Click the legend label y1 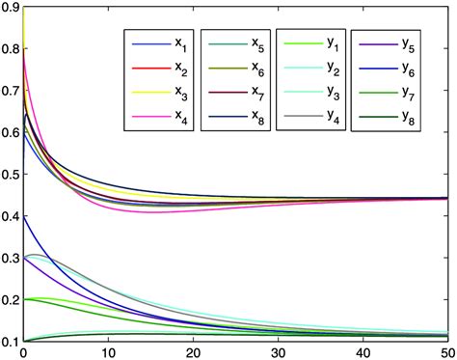pyautogui.click(x=331, y=44)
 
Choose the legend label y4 pyautogui.click(x=331, y=119)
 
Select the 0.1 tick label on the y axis pyautogui.click(x=10, y=342)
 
